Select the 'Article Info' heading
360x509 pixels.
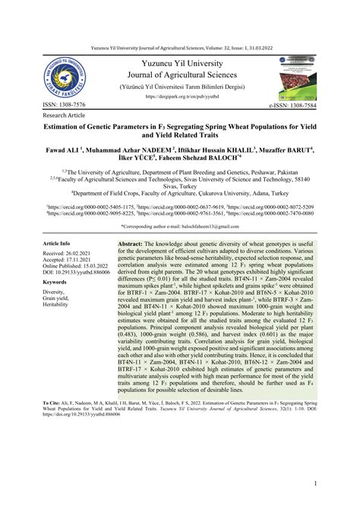[x=62, y=244]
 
